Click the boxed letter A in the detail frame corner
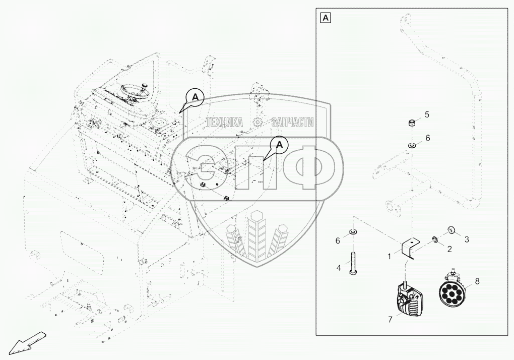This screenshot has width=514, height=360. tap(326, 18)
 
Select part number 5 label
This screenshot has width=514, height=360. tap(427, 115)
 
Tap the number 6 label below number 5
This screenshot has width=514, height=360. tap(428, 138)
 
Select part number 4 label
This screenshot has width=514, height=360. tap(339, 269)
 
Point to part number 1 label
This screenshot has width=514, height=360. tap(390, 257)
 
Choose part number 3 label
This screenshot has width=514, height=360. tap(467, 238)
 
